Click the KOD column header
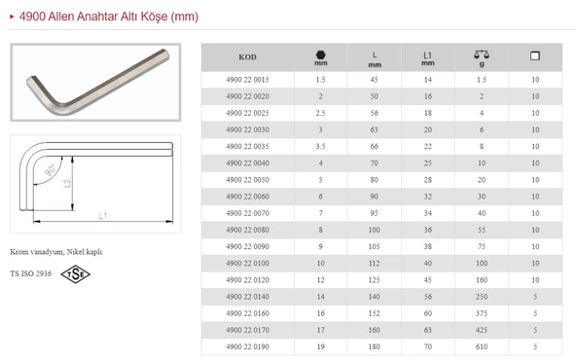pyautogui.click(x=247, y=57)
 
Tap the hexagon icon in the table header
pyautogui.click(x=321, y=54)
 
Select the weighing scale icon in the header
pyautogui.click(x=482, y=54)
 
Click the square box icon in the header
pyautogui.click(x=535, y=55)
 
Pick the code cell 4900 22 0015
pyautogui.click(x=247, y=80)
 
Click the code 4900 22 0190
pyautogui.click(x=247, y=346)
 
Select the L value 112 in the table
pyautogui.click(x=374, y=264)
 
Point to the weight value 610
pyautogui.click(x=482, y=346)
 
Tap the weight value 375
pyautogui.click(x=482, y=313)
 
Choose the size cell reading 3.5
pyautogui.click(x=320, y=147)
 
